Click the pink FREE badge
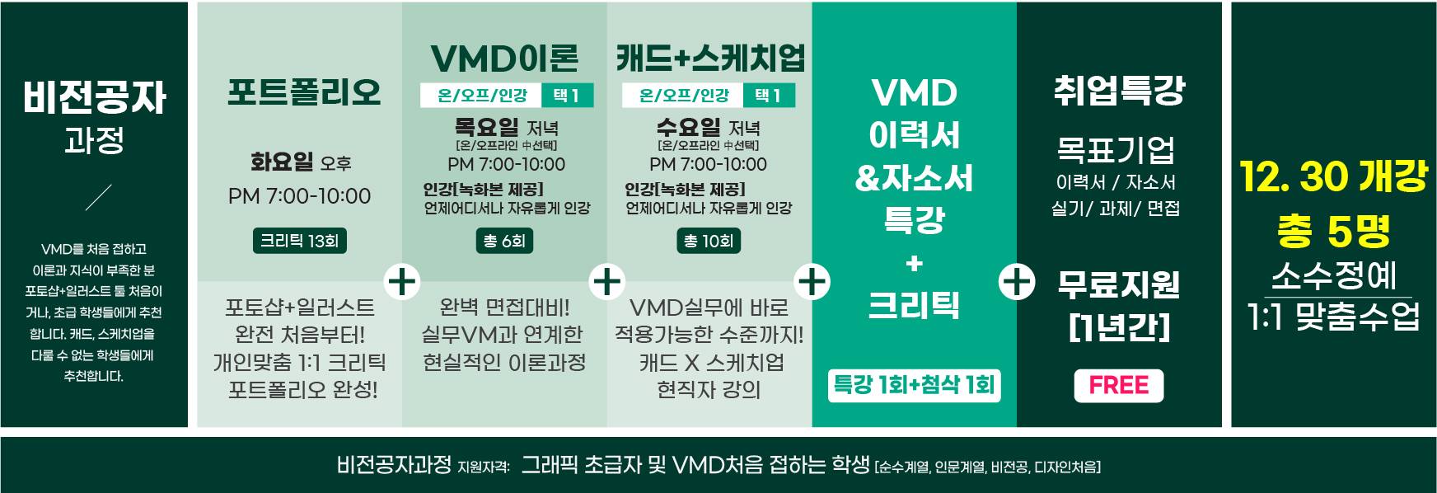[1118, 386]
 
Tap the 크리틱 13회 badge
[299, 242]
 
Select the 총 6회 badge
[504, 242]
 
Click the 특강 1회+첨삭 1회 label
[914, 385]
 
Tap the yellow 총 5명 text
[1333, 232]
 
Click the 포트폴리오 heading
[303, 92]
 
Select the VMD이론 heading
[504, 58]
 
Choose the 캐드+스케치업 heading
[710, 58]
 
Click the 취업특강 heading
[1119, 91]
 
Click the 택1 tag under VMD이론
[567, 96]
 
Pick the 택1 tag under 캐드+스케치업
[768, 96]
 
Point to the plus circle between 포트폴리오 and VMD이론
[402, 282]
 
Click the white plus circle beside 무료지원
[1017, 282]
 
